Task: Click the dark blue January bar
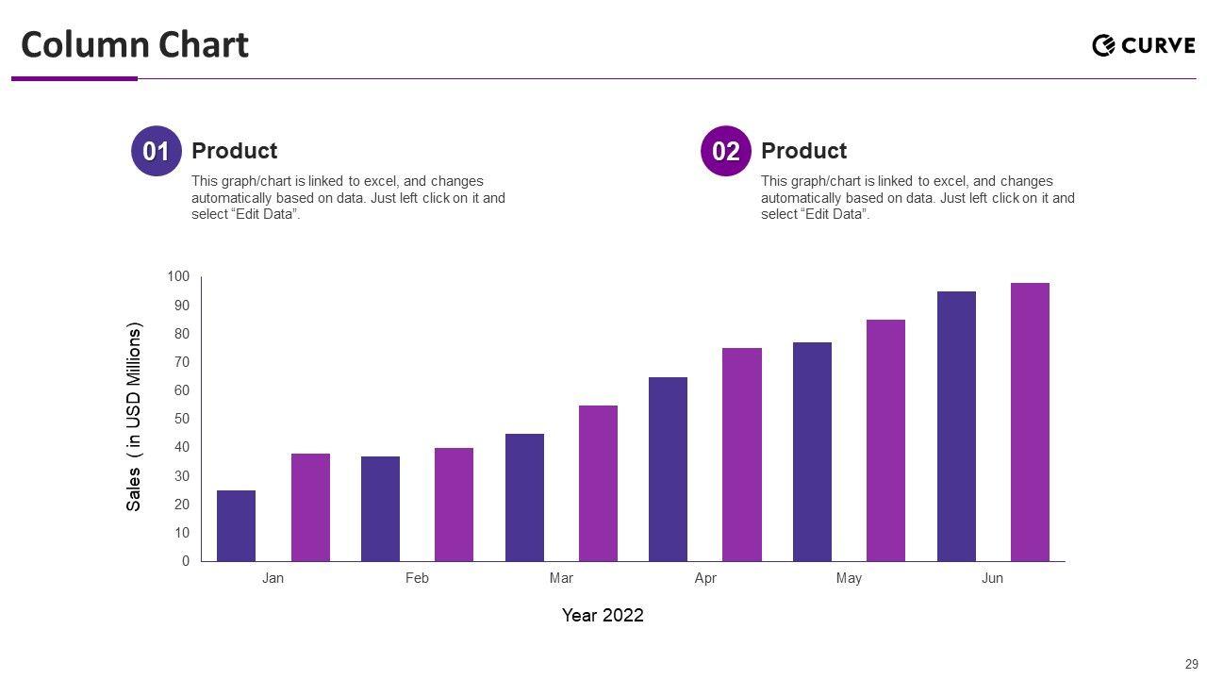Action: [236, 525]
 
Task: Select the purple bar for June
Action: [1030, 422]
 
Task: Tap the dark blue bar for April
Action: [668, 469]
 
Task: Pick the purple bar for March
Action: [598, 483]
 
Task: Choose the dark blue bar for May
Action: [812, 452]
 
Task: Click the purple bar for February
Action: [454, 505]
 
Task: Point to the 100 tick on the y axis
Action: [178, 276]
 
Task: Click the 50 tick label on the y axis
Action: [181, 419]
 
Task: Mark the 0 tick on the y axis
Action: [186, 561]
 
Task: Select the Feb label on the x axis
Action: [417, 578]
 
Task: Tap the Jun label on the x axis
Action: [992, 578]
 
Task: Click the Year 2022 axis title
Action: [603, 615]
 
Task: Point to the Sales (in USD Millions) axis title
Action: [134, 418]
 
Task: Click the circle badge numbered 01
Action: [156, 151]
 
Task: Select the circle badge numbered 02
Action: [725, 151]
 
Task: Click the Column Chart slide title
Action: [135, 44]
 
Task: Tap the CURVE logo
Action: [1143, 45]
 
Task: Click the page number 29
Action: [1191, 664]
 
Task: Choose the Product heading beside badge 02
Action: [803, 151]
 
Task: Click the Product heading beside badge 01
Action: [234, 151]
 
